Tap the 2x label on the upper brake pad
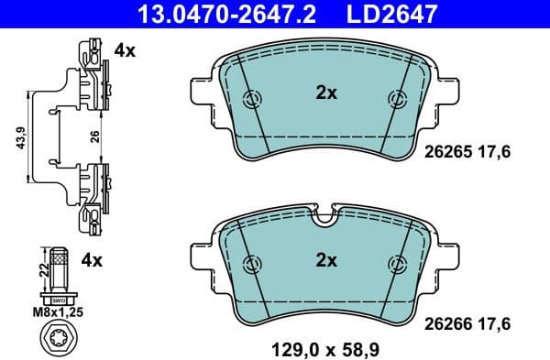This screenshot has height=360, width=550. pos(326,93)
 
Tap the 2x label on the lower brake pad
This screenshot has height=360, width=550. pos(326,261)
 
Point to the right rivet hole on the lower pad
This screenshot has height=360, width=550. pos(397,262)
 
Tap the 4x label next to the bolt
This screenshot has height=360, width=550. pos(92,261)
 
